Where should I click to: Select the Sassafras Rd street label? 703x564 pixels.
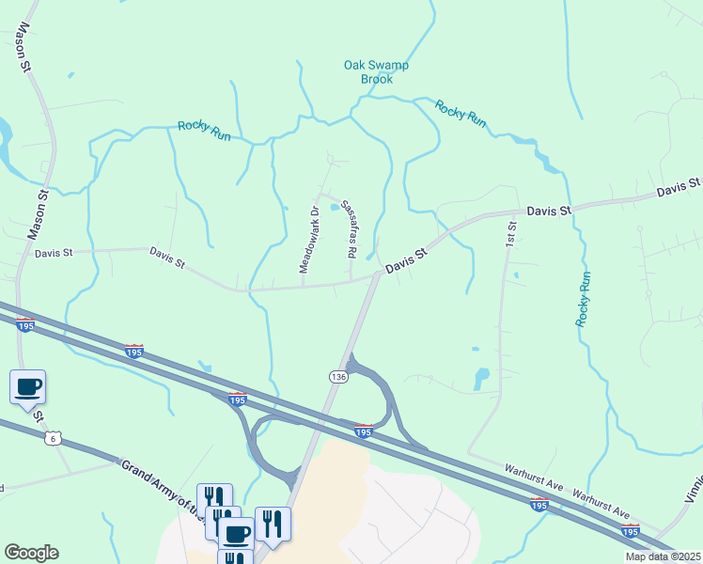348,228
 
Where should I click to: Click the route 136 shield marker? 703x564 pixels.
338,376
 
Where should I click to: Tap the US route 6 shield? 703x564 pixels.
53,439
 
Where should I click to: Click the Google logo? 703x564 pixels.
31,553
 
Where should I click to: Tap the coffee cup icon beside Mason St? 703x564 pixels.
27,385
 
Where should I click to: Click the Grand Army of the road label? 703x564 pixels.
160,488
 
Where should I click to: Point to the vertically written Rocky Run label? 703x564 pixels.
585,299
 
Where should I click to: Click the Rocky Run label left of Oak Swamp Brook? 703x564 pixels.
204,131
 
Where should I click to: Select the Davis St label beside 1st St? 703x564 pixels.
549,211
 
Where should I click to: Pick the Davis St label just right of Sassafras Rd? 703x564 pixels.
407,261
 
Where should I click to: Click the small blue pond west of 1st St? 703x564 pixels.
481,378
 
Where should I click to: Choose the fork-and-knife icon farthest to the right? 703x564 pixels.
272,523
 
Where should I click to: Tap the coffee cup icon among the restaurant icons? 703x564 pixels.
236,534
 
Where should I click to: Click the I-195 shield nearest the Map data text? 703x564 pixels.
630,530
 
